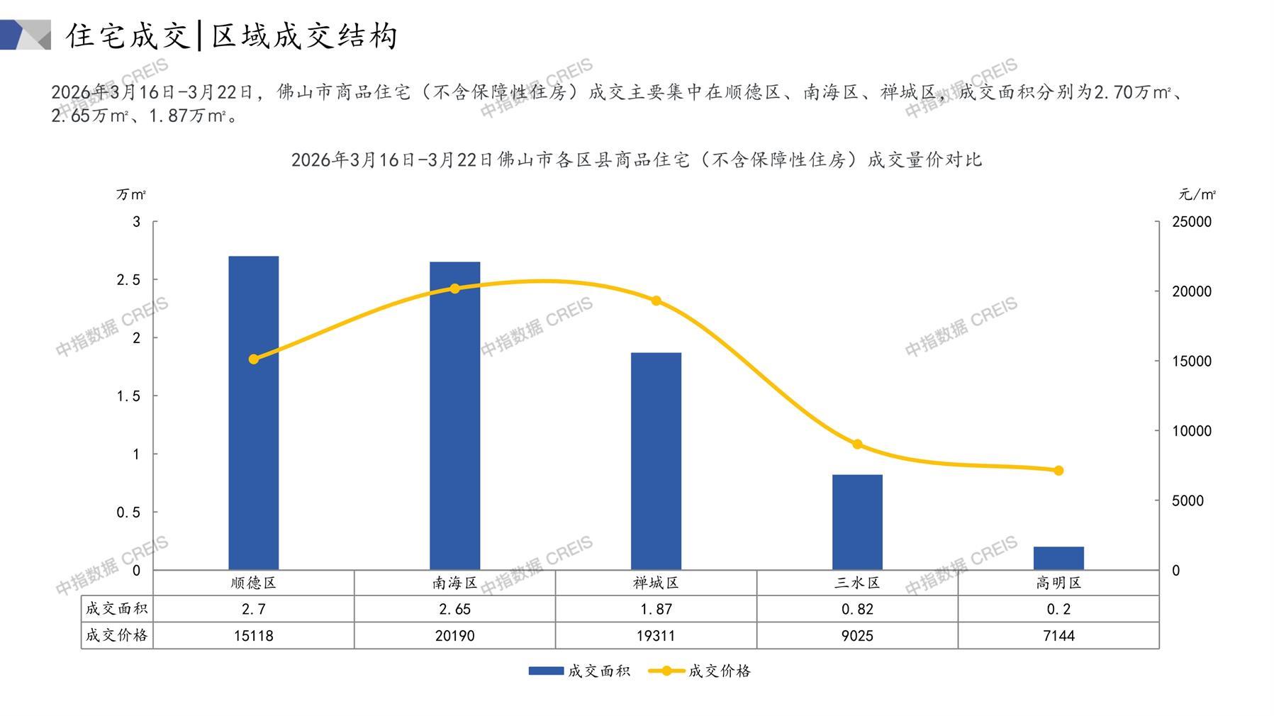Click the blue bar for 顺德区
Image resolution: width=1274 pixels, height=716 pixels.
tap(254, 413)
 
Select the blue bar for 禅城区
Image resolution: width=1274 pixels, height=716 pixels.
tap(656, 461)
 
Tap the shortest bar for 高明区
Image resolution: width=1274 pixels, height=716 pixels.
tap(1058, 558)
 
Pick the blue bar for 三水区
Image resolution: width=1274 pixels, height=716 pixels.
tap(857, 522)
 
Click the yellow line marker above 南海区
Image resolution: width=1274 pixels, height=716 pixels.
tap(455, 289)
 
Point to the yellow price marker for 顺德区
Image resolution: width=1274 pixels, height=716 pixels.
tap(254, 359)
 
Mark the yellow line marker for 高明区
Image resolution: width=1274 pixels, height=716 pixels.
tap(1058, 471)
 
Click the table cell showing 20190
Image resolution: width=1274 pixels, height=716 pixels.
tap(455, 636)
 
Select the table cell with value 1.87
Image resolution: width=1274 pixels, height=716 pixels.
tap(656, 609)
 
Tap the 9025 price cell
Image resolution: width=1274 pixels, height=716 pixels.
tap(857, 636)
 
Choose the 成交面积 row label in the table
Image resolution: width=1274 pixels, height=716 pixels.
tap(117, 609)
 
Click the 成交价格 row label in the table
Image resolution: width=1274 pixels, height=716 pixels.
tap(117, 636)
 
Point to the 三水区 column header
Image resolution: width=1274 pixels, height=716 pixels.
tap(857, 583)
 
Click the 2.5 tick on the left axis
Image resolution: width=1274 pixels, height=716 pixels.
tap(128, 280)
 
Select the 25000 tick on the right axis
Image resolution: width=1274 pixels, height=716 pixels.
tap(1192, 222)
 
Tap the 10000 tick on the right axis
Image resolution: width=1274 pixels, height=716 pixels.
tap(1192, 431)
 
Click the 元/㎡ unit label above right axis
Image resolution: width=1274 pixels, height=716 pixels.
tap(1197, 194)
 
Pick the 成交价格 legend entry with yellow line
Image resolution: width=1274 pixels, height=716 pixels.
tap(718, 671)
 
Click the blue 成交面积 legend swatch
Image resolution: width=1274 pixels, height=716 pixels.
tap(546, 671)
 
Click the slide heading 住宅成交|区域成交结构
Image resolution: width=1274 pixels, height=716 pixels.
tap(232, 36)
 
